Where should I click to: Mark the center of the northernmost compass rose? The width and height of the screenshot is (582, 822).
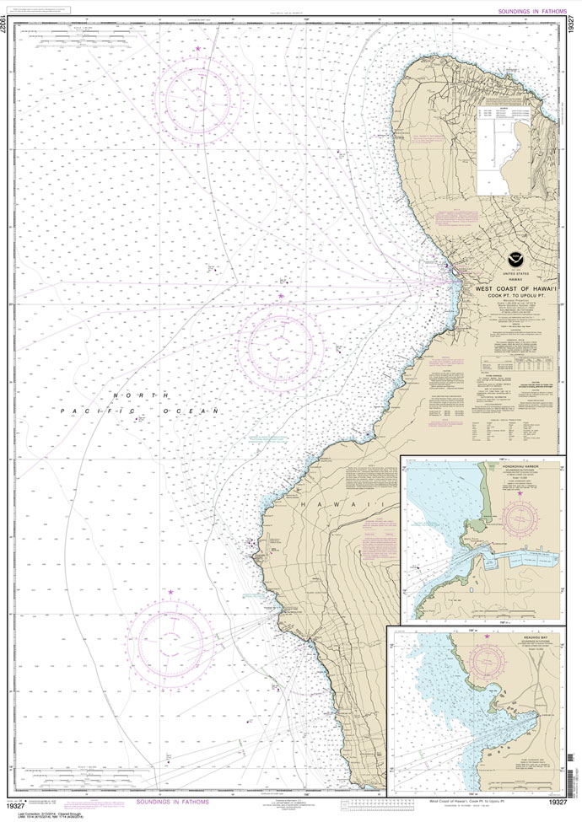click(x=198, y=97)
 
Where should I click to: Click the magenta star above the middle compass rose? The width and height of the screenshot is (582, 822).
click(x=281, y=296)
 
